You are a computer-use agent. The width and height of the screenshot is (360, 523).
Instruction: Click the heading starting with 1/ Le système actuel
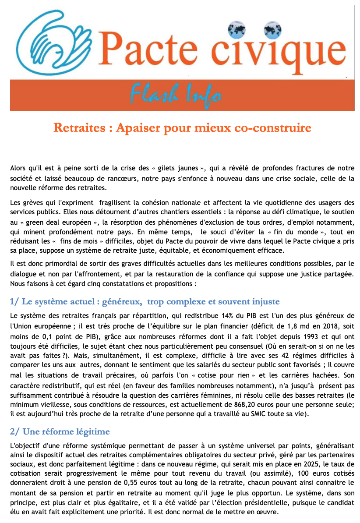tap(145, 302)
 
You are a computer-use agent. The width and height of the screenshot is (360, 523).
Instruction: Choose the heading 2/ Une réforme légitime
tap(60, 431)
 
